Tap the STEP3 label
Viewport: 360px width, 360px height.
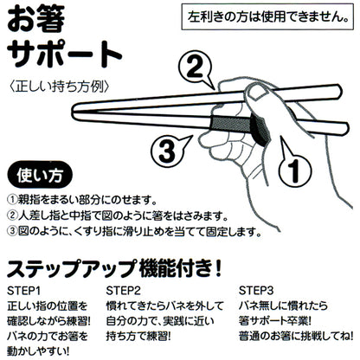pyautogui.click(x=257, y=290)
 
